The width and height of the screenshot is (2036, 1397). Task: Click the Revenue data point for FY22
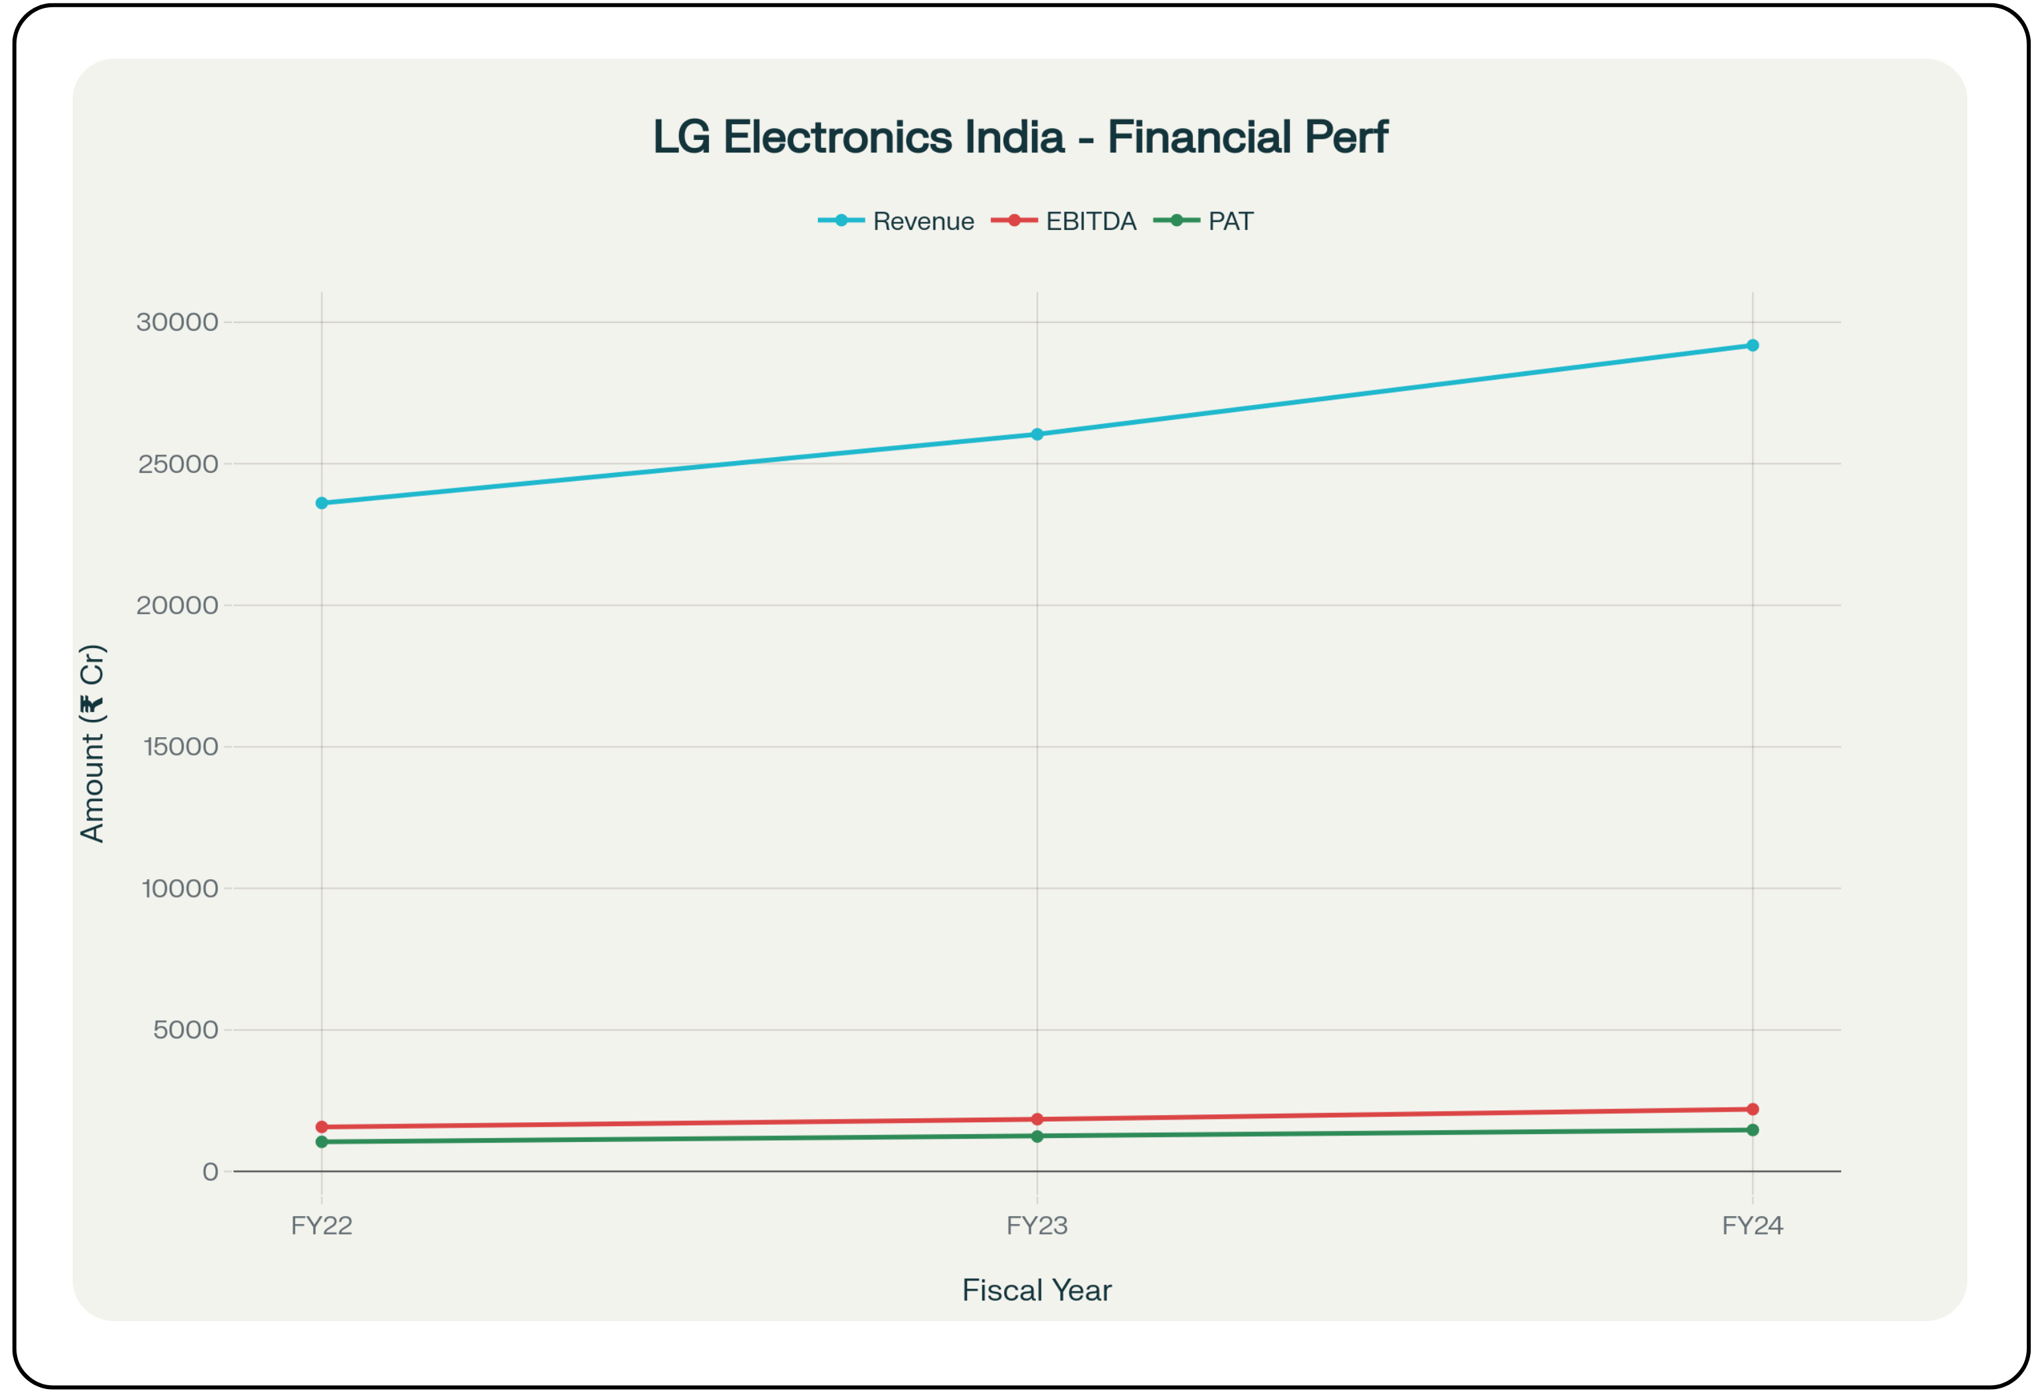click(322, 503)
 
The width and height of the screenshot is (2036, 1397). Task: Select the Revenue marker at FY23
click(1036, 435)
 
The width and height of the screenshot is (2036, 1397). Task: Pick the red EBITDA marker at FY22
click(322, 1128)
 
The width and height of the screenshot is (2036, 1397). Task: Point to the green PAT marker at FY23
click(1036, 1137)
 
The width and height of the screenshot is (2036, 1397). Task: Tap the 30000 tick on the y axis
click(177, 322)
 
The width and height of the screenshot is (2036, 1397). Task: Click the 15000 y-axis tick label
click(180, 747)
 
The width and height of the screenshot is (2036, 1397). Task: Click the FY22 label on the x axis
click(322, 1225)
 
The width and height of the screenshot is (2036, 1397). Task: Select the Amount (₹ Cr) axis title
click(92, 744)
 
